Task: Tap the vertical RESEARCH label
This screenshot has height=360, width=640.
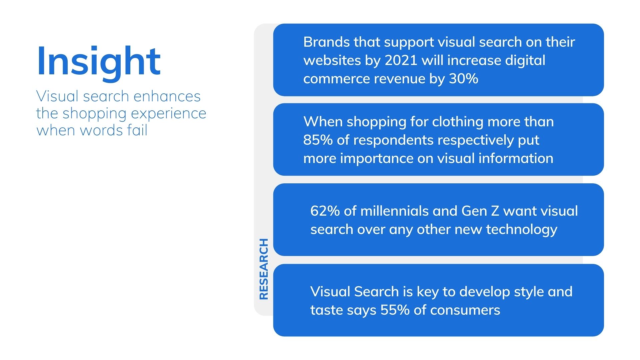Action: tap(264, 269)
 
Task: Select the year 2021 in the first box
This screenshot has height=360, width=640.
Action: tap(401, 61)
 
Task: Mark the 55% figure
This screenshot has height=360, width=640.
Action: tap(395, 310)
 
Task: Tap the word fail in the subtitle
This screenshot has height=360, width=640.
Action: tap(137, 130)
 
